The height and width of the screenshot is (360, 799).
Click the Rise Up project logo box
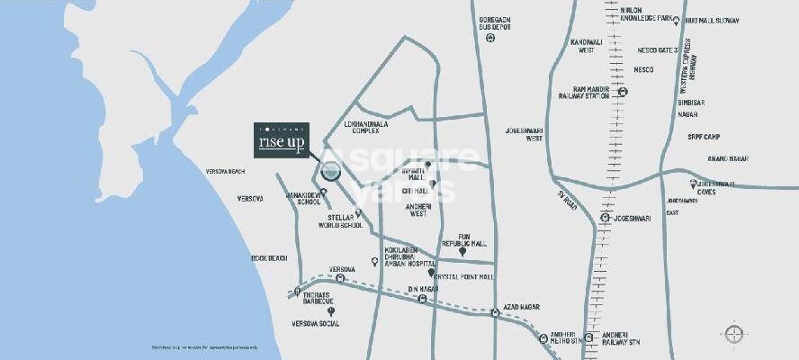point(281,140)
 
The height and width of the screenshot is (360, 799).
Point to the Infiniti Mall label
point(407,168)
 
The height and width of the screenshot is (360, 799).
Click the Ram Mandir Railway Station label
point(585,94)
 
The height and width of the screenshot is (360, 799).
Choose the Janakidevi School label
point(302,198)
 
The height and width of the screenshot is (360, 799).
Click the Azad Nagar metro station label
point(521,307)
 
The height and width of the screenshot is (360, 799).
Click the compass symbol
point(734,334)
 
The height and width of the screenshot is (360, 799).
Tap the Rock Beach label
point(269,258)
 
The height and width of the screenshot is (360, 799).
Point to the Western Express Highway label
point(689,63)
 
